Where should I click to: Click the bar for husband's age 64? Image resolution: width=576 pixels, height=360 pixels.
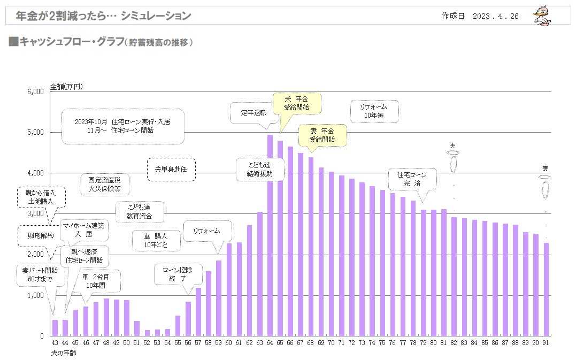pos(270,235)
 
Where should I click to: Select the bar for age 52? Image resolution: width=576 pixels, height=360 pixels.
pos(147,333)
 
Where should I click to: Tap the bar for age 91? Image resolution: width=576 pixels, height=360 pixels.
pos(546,289)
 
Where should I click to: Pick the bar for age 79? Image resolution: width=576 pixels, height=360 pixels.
pos(423,273)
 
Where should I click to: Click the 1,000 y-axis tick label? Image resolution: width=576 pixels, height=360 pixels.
pos(36,295)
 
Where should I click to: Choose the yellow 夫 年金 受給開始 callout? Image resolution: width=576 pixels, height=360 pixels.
pos(297,103)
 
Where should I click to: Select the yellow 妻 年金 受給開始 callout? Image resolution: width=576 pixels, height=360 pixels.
pos(322,135)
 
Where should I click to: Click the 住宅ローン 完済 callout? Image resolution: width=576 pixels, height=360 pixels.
pos(412,179)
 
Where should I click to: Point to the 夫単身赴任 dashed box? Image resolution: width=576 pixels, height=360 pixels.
pos(171,170)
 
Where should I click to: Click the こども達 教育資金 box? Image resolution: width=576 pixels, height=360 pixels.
pos(140,212)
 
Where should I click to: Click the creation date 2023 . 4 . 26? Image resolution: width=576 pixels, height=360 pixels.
pos(495,16)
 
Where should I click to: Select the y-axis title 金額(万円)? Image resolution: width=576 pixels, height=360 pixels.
pos(66,87)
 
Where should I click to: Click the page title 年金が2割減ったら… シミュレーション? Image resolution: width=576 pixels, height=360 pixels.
pos(104,16)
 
